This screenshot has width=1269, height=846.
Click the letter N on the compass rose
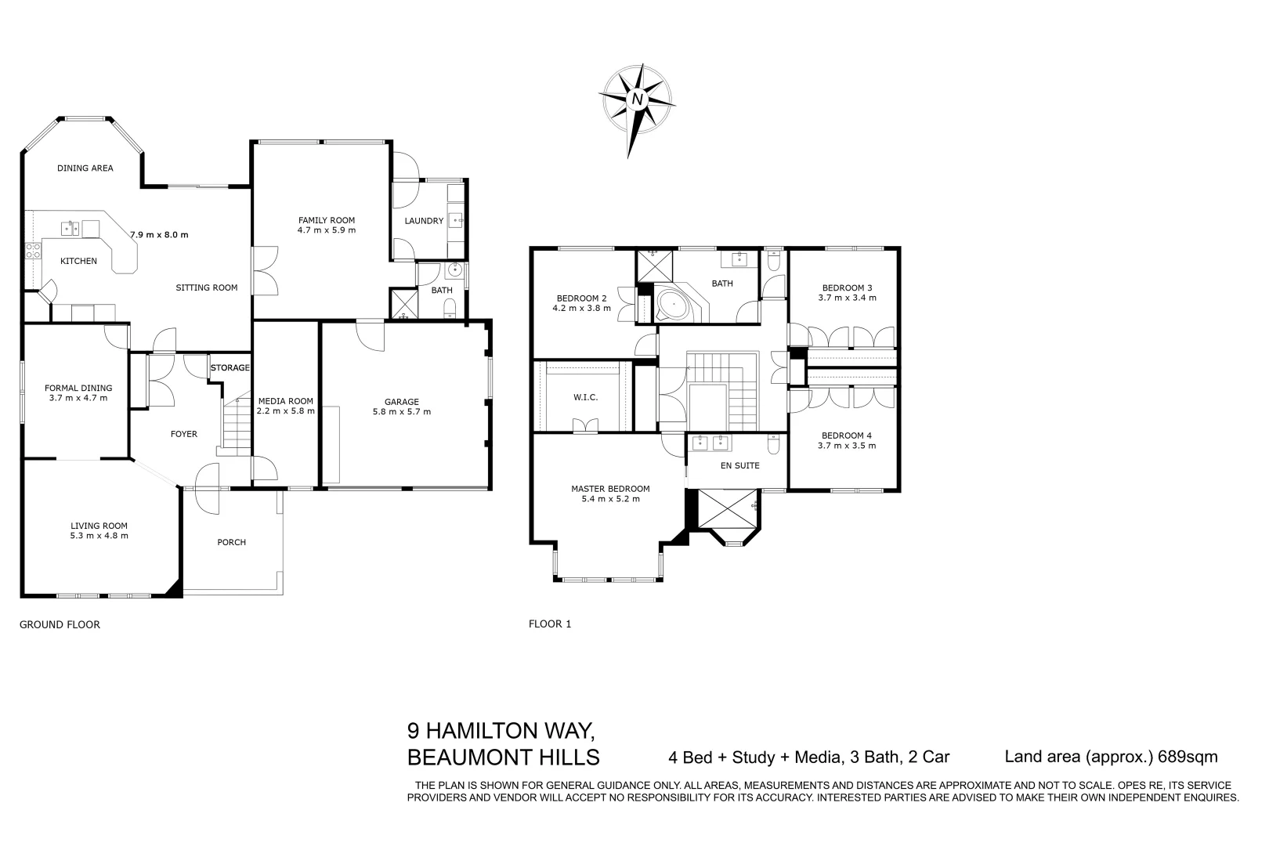tap(638, 99)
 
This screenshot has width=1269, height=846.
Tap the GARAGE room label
tap(401, 402)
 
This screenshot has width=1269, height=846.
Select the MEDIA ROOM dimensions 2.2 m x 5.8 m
tap(286, 410)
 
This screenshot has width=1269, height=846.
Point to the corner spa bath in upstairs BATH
tap(673, 305)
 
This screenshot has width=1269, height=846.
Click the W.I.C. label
tap(585, 397)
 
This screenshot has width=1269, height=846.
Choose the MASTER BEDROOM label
tap(610, 489)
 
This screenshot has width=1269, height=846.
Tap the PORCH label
tap(231, 542)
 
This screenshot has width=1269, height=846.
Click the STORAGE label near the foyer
tap(230, 367)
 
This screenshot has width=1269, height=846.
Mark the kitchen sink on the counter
tap(70, 228)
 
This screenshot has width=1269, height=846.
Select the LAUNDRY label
tap(424, 221)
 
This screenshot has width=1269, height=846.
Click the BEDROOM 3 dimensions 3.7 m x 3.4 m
tap(847, 298)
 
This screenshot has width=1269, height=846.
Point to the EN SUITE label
tap(740, 465)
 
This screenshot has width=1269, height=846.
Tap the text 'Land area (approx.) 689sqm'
tap(1111, 757)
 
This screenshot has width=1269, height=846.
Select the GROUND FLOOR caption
tap(60, 624)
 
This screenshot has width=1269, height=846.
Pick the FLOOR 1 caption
tap(550, 624)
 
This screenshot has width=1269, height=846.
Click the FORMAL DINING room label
tap(78, 388)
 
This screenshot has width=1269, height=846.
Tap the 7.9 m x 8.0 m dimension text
tap(159, 234)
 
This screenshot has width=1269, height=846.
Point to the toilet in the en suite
tap(773, 445)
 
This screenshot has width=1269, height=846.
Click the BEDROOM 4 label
tap(846, 436)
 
